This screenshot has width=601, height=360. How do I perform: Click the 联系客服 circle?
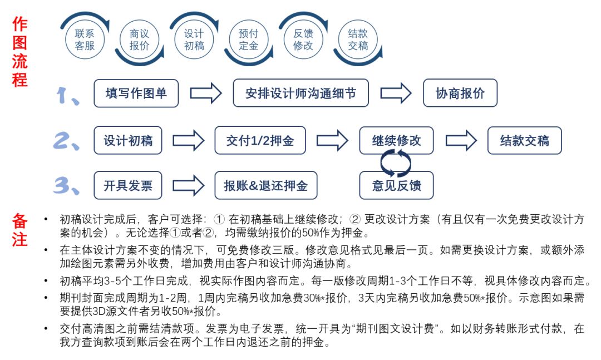point(85,40)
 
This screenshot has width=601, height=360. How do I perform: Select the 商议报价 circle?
point(139,40)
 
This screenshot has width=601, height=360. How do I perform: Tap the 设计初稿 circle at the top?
point(194,40)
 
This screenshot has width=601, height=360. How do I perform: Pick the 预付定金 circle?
point(248,40)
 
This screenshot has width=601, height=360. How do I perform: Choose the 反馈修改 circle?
point(303,40)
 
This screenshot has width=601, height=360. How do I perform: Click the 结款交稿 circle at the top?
point(357,40)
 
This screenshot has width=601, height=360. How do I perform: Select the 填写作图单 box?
point(136,93)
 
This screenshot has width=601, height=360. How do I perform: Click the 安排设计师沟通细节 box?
point(302,93)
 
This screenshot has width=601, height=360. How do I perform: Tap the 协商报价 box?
point(460,93)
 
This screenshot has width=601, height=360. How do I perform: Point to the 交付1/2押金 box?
point(260,141)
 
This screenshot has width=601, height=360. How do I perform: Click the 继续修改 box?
point(396,141)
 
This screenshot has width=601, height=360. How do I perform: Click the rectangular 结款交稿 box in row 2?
point(524,141)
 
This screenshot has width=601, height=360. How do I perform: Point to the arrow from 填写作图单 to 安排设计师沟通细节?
point(206,93)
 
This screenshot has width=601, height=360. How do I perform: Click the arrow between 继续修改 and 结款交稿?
point(461,141)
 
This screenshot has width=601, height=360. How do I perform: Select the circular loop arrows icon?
point(396,162)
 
